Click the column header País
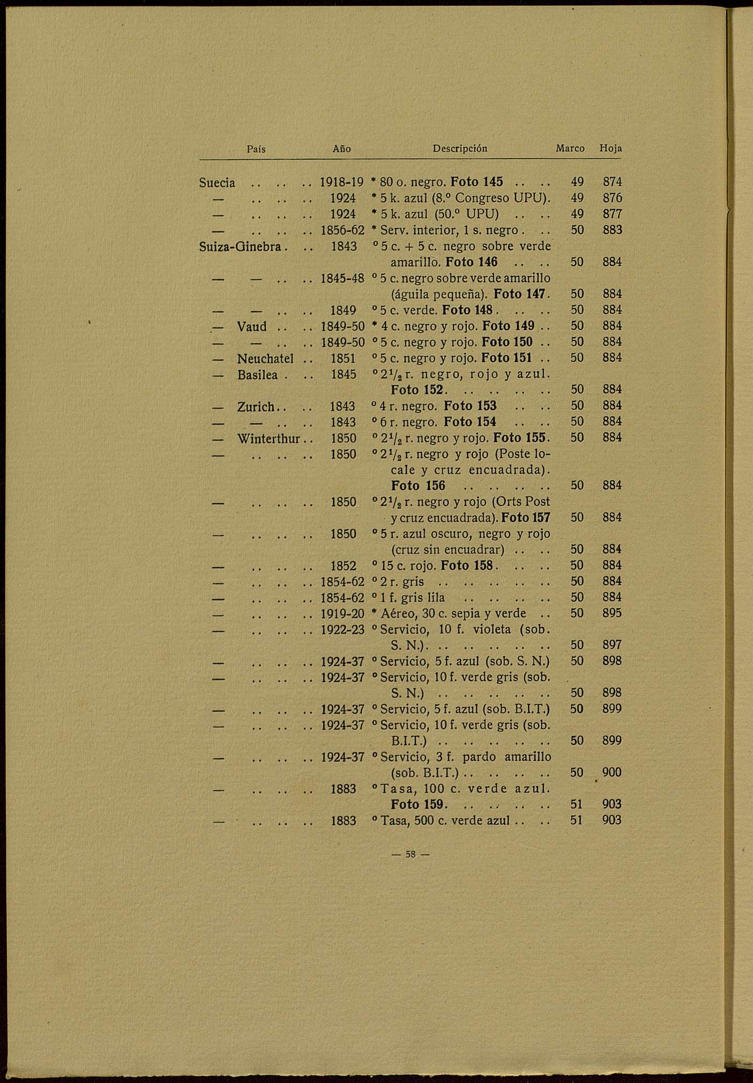pyautogui.click(x=256, y=149)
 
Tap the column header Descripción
pyautogui.click(x=460, y=148)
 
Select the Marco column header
pyautogui.click(x=570, y=148)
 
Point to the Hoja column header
pyautogui.click(x=610, y=148)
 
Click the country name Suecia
pyautogui.click(x=217, y=183)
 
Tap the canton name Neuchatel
pyautogui.click(x=265, y=358)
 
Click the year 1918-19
pyautogui.click(x=342, y=182)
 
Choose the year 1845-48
pyautogui.click(x=342, y=279)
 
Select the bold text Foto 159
pyautogui.click(x=417, y=804)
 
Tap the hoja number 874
pyautogui.click(x=612, y=182)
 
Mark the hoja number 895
pyautogui.click(x=612, y=613)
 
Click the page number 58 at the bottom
pyautogui.click(x=411, y=854)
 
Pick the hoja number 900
pyautogui.click(x=612, y=772)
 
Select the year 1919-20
pyautogui.click(x=342, y=614)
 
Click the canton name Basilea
pyautogui.click(x=258, y=374)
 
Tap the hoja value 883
pyautogui.click(x=612, y=230)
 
